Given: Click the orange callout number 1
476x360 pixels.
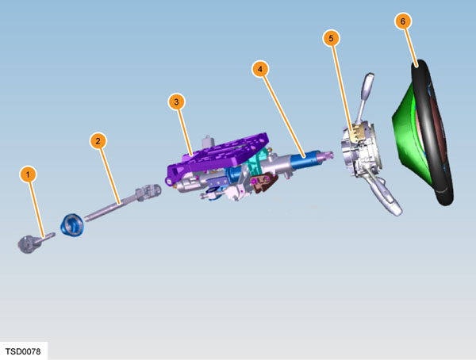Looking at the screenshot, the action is click(28, 174).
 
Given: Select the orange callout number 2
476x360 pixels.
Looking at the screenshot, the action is click(98, 141).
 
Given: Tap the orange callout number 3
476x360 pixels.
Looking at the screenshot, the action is click(177, 102).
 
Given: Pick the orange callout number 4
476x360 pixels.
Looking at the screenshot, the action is click(260, 69).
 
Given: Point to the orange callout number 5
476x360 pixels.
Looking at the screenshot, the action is click(331, 38).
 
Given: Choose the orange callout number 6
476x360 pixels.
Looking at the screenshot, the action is click(403, 21).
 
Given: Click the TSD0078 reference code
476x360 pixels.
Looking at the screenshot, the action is click(23, 351).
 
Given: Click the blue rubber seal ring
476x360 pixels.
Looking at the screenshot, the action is click(71, 225).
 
